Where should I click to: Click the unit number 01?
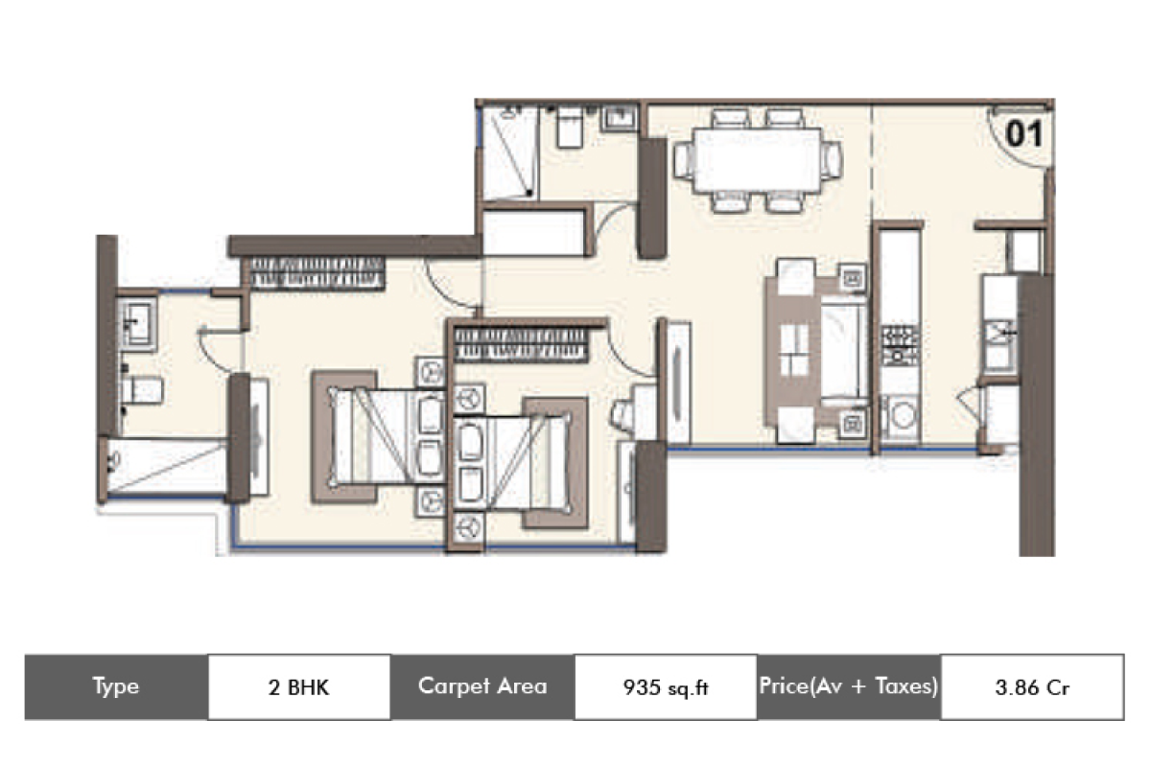pyautogui.click(x=1023, y=134)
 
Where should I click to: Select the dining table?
pyautogui.click(x=757, y=160)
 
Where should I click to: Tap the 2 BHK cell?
pyautogui.click(x=298, y=686)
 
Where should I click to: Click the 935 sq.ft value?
pyautogui.click(x=666, y=686)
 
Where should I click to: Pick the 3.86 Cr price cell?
pyautogui.click(x=1032, y=686)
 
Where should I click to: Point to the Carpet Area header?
pyautogui.click(x=482, y=686)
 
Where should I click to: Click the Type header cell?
pyautogui.click(x=116, y=686)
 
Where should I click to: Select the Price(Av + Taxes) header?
pyautogui.click(x=849, y=686)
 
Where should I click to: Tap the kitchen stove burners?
pyautogui.click(x=900, y=344)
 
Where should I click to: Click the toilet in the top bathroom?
pyautogui.click(x=570, y=128)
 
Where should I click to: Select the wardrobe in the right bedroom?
pyautogui.click(x=520, y=344)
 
